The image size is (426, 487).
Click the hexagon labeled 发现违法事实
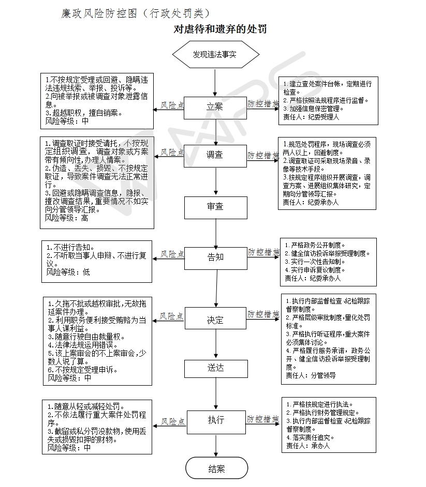coord(215,54)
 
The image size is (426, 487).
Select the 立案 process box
coord(215,107)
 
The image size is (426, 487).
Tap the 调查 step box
coord(215,155)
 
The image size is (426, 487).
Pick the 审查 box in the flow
coord(215,207)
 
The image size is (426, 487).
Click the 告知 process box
coord(215,257)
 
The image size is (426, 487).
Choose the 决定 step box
coord(215,320)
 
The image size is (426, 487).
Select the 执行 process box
coord(215,420)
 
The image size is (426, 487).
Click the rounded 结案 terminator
coord(216,469)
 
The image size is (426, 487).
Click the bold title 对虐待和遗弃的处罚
coord(220,29)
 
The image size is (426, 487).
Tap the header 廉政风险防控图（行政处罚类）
coord(135,13)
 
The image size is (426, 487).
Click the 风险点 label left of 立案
coord(172,105)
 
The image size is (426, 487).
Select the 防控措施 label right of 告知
coord(263,252)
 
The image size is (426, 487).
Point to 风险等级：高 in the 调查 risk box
coord(67,218)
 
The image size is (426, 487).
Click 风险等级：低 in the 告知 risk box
coord(68,272)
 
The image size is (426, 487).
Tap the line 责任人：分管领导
coord(311,375)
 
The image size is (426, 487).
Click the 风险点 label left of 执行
coord(172,422)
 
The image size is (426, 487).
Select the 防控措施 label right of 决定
coord(263,314)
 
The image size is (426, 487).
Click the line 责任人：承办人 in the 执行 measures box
coord(307,445)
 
